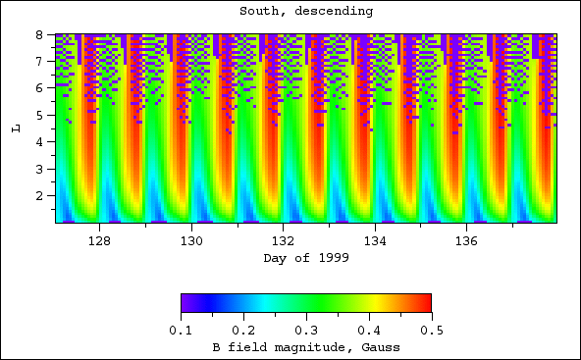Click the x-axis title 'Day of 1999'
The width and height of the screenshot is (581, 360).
tap(305, 258)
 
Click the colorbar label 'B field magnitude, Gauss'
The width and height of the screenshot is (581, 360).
tap(305, 348)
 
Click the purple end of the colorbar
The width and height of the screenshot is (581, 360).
tap(186, 302)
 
